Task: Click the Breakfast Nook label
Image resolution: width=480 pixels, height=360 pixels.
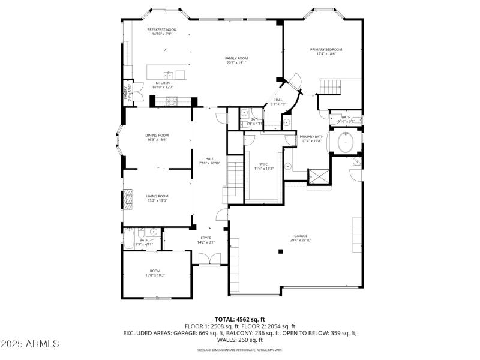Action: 161,29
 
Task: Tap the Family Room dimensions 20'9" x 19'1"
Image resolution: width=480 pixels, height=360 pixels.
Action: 236,63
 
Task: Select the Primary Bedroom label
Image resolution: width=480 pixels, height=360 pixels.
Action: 326,49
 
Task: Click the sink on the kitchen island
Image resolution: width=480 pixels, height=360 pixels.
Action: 170,74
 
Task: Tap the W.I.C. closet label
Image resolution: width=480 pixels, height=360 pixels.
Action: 265,164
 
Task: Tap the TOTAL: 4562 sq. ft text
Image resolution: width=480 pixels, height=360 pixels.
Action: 240,319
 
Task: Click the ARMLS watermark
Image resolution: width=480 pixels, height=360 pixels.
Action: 30,344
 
